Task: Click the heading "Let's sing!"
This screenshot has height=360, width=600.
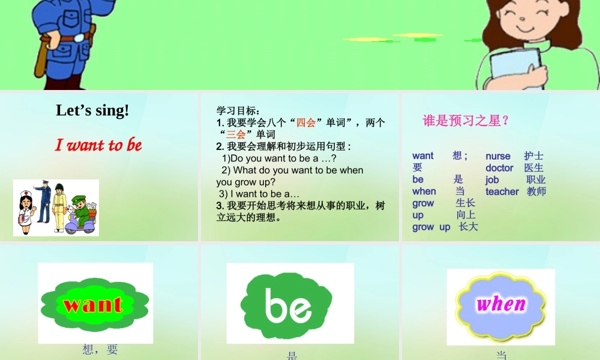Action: (92, 110)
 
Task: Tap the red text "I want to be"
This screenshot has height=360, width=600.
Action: (98, 145)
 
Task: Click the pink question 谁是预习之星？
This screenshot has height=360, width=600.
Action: (466, 121)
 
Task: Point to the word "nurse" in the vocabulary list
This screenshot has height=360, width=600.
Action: (498, 156)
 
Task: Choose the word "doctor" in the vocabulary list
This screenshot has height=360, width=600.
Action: (499, 168)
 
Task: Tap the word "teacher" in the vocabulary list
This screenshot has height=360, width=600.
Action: (502, 191)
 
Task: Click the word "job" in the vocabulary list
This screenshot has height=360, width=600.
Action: (492, 179)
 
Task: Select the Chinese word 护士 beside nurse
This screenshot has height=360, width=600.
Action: (534, 156)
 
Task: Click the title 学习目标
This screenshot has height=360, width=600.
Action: (238, 110)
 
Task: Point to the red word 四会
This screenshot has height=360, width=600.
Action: (306, 122)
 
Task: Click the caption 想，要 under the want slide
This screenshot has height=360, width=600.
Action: (100, 349)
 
